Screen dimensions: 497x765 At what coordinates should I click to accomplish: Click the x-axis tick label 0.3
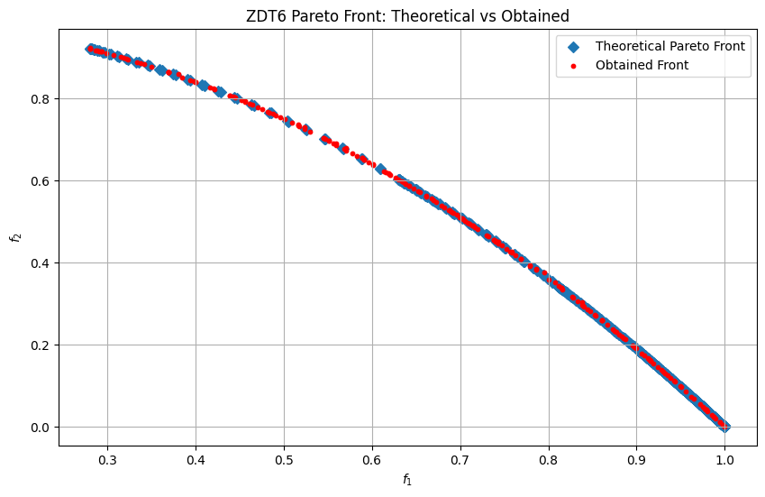(107, 460)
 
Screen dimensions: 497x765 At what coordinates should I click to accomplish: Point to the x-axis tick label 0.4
(196, 460)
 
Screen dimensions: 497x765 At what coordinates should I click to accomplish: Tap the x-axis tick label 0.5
(284, 460)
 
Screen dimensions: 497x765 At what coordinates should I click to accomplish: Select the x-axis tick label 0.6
(372, 460)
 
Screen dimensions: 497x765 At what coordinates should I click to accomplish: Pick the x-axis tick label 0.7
(460, 460)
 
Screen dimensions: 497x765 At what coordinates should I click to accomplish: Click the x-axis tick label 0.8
(549, 460)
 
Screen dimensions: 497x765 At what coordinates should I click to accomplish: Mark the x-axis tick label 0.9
(636, 460)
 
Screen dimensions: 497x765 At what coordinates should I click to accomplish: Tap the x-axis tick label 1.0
(724, 460)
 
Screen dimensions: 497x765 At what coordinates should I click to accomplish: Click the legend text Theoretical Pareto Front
(670, 46)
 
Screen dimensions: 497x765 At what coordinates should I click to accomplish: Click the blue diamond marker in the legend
(574, 46)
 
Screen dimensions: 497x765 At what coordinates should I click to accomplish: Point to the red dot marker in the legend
(574, 65)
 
